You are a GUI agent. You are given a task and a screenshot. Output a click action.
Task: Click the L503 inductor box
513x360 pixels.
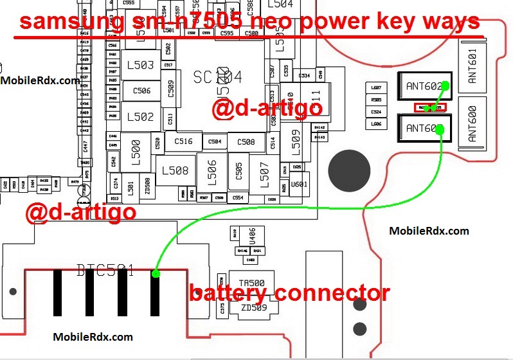[x=140, y=66]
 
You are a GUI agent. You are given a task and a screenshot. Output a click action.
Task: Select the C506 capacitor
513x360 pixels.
[x=141, y=91]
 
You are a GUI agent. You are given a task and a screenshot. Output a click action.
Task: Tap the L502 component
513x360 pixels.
[x=140, y=117]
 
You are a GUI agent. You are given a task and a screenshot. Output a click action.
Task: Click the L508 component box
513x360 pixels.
[x=175, y=170]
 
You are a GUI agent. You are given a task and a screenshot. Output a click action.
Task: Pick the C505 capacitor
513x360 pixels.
[x=239, y=170]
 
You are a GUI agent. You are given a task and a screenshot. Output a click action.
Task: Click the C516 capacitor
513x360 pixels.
[x=184, y=141]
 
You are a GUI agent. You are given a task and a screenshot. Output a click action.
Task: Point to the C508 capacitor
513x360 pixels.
[x=246, y=142]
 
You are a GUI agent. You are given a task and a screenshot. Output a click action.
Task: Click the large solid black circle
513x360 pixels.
[x=349, y=171]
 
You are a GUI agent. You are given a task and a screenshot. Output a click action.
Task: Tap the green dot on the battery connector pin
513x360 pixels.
[x=156, y=274]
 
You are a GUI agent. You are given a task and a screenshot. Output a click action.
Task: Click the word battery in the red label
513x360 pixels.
[x=230, y=294]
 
